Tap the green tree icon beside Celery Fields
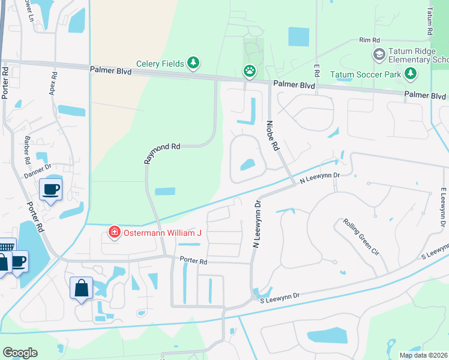[x=193, y=62]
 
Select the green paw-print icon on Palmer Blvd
[x=249, y=71]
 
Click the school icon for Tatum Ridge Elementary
[x=379, y=55]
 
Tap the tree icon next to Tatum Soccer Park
[x=410, y=74]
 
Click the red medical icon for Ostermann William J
[x=113, y=232]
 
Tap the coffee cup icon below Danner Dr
[x=50, y=190]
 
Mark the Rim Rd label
[x=370, y=40]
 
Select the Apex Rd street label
[x=53, y=85]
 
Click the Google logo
[x=20, y=353]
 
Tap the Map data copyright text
[x=423, y=355]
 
